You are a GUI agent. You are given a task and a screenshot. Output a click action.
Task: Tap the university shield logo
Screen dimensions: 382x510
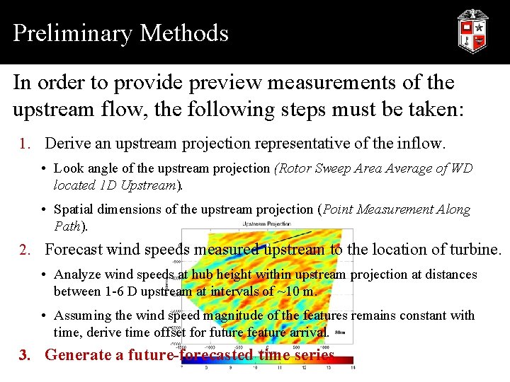point(472,32)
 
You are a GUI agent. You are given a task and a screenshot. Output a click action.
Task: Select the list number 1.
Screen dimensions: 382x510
point(25,144)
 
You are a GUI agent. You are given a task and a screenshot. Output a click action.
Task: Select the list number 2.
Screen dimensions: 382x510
point(25,250)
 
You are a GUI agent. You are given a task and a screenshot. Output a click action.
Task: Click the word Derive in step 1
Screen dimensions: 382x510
point(67,144)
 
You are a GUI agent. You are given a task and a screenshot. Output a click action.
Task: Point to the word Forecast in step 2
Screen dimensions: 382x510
point(77,250)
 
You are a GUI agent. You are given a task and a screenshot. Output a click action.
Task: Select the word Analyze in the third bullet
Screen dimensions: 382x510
point(76,274)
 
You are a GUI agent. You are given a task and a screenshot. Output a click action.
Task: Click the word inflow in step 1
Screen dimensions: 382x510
point(422,144)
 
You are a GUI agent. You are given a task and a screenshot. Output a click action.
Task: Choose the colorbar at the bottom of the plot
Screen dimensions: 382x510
point(267,361)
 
